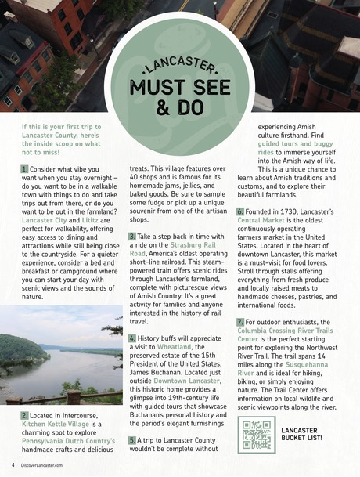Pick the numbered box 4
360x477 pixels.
click(132, 339)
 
